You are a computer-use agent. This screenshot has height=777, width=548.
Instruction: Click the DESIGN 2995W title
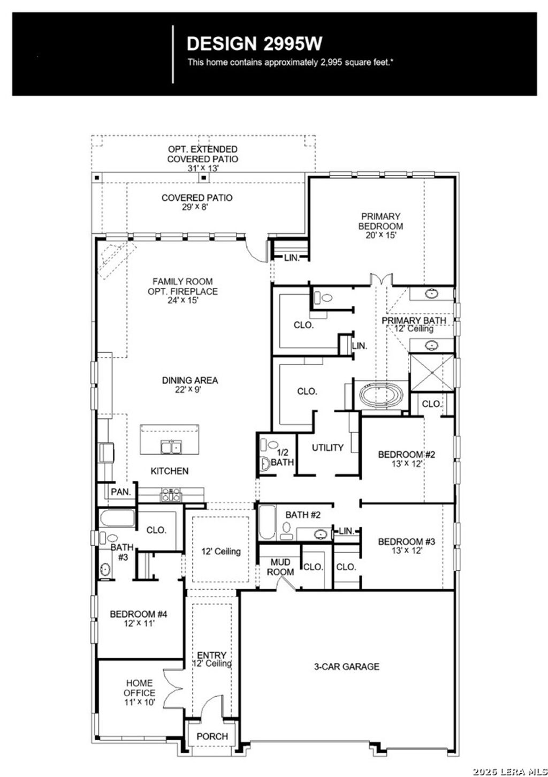click(254, 43)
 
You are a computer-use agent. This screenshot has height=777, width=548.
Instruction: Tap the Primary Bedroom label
click(380, 221)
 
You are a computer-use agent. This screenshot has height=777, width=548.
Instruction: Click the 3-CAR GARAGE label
click(346, 667)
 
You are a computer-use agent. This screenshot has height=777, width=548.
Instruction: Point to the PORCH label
click(212, 736)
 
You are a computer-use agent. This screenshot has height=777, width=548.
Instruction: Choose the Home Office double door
click(173, 691)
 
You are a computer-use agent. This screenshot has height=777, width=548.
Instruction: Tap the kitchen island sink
click(171, 447)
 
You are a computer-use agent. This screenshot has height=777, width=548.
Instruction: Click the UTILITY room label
click(328, 448)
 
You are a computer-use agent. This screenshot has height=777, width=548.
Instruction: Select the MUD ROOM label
click(280, 567)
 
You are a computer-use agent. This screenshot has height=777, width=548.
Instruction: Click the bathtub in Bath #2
click(267, 523)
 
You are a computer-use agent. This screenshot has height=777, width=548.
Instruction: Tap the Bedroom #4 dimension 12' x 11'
click(139, 623)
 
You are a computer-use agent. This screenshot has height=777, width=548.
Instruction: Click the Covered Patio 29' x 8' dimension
click(197, 207)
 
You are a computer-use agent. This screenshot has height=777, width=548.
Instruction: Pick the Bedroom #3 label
click(406, 541)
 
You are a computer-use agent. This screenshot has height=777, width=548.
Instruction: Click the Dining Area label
click(190, 380)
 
